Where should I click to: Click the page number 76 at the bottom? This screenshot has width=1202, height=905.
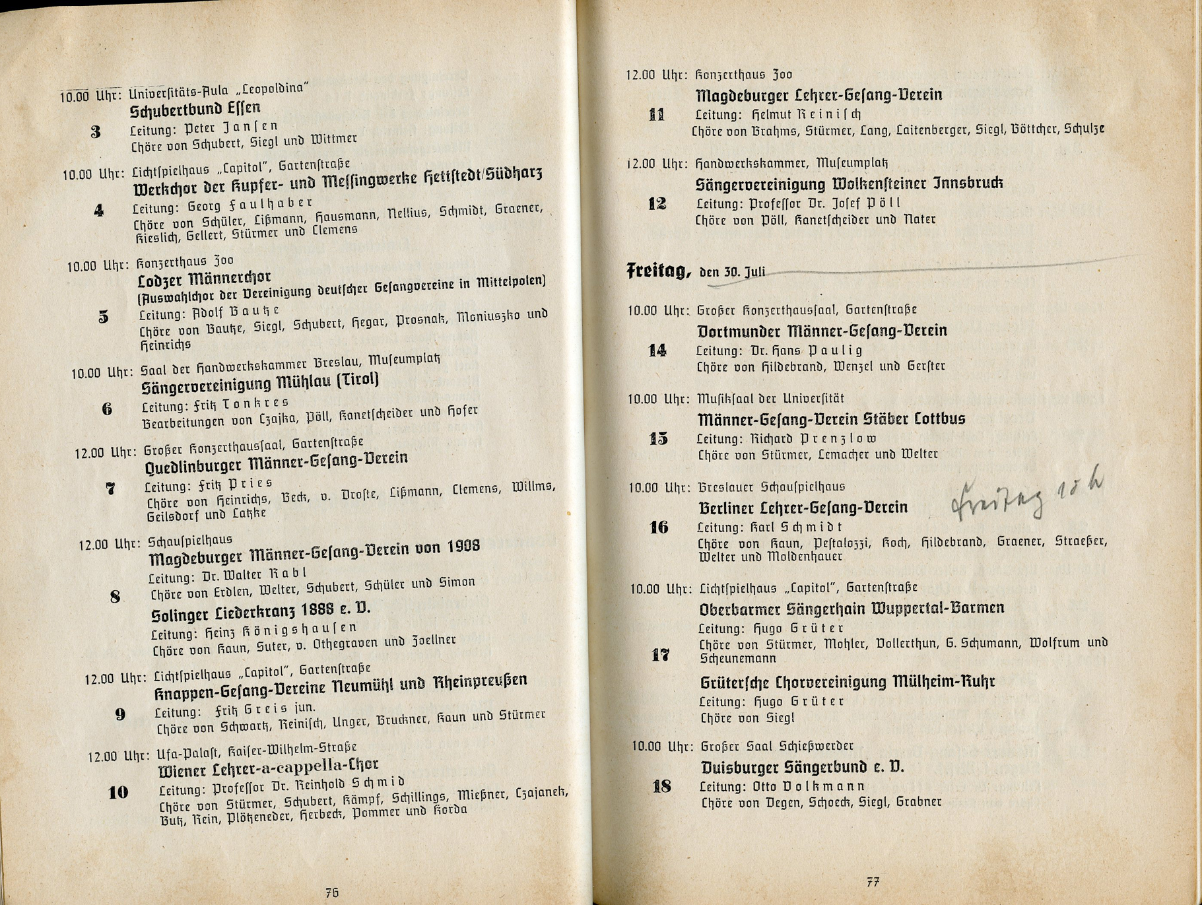[332, 892]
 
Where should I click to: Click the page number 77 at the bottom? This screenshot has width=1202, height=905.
[873, 882]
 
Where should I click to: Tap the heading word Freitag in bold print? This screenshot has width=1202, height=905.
[658, 271]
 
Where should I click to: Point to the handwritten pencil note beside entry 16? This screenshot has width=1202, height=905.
[1026, 494]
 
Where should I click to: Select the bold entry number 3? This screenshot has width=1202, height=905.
[96, 132]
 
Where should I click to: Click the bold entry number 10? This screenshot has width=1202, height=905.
[118, 792]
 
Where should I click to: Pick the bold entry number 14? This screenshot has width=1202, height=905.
[657, 351]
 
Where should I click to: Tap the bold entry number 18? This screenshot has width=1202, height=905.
[661, 786]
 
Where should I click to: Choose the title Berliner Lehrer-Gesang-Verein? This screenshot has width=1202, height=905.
[803, 508]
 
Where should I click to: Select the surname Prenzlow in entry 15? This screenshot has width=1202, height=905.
[838, 438]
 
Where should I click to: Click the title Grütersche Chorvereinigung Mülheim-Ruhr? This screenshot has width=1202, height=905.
[847, 682]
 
